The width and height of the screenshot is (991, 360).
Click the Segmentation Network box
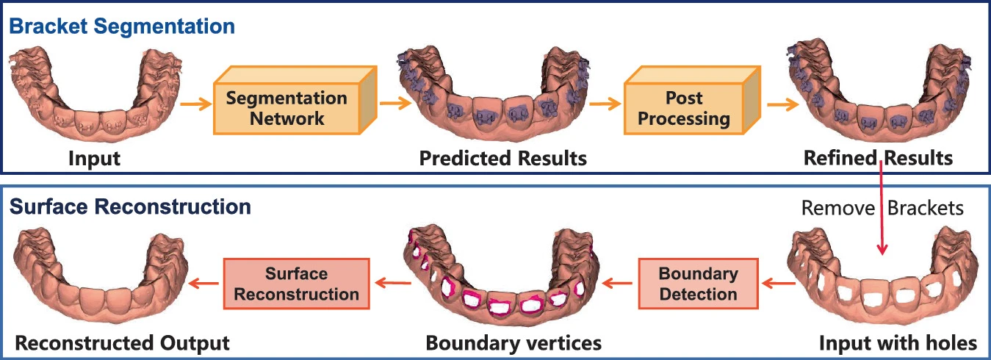tap(287, 108)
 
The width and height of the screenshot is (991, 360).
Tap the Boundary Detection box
tap(697, 284)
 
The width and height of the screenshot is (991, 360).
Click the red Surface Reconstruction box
tap(297, 284)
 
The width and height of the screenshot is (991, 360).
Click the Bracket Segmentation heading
tap(122, 26)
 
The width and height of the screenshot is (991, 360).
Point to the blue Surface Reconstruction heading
tap(130, 206)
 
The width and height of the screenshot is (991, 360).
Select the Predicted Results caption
tap(502, 158)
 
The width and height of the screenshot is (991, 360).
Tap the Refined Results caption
tap(878, 158)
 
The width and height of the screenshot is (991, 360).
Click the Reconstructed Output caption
tap(123, 342)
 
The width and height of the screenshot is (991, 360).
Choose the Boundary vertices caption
tap(513, 342)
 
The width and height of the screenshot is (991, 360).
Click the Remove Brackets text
tap(882, 208)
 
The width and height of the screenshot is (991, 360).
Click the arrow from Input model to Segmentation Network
tap(194, 103)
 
